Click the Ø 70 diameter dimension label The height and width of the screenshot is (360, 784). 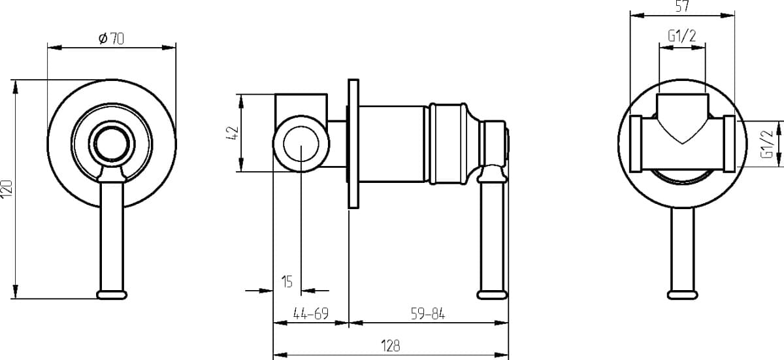point(111,39)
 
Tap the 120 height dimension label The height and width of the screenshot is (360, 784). point(7,188)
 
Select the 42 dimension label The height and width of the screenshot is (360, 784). point(233,133)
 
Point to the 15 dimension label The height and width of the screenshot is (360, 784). point(287,282)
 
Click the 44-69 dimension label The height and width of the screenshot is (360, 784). point(311,314)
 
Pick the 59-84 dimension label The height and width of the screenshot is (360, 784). point(428,314)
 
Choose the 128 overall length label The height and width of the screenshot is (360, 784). point(390,346)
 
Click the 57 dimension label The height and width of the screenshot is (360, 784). point(682,6)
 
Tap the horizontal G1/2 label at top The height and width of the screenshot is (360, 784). point(682,36)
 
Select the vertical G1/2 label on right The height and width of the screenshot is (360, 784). point(767,144)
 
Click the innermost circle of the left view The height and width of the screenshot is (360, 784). point(112,144)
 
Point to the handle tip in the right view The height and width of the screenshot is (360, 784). point(683,295)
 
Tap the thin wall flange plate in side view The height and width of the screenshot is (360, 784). point(353,144)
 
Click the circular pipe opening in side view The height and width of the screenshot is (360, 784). point(301,144)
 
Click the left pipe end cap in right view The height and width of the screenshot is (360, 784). point(636,144)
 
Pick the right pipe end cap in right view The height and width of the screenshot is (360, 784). point(729,144)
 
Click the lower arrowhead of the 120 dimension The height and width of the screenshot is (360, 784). point(15,291)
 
